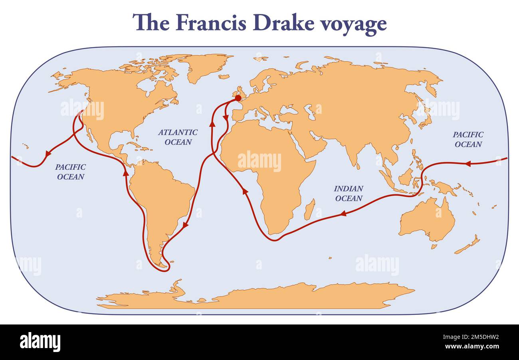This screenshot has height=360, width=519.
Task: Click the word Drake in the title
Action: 279,23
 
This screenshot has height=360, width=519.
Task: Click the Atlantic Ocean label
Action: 178,137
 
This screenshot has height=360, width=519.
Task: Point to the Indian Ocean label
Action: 348,193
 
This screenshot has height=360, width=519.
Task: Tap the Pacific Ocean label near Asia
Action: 468,139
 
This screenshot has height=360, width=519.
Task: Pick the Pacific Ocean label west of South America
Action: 70,172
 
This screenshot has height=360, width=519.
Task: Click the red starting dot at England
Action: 238,98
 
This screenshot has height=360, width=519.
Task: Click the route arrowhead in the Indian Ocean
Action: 342,214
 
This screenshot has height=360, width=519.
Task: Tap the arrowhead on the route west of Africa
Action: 245,192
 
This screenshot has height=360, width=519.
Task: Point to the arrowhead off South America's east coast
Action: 185,226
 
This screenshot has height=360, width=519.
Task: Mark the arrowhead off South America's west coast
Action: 126,172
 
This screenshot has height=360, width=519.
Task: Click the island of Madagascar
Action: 309,210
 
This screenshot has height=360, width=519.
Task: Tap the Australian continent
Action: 427,220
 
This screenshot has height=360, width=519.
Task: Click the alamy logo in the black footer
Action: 40,342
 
